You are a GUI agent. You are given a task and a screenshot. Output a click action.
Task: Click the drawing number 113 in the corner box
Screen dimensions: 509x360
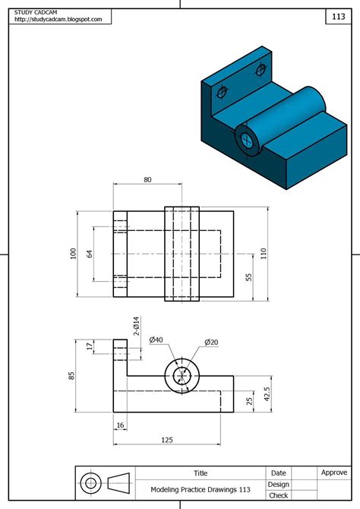(337, 16)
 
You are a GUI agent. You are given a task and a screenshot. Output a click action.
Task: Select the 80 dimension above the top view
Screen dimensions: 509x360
(147, 180)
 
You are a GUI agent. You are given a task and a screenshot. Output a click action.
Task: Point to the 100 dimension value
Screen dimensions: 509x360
(74, 254)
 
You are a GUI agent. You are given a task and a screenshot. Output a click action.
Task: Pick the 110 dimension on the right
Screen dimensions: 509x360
(264, 254)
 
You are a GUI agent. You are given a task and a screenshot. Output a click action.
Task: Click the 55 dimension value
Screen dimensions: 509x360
(249, 277)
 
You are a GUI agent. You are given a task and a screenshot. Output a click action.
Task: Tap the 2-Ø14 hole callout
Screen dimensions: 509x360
(137, 327)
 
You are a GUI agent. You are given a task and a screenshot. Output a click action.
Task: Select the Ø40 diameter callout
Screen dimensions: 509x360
(156, 340)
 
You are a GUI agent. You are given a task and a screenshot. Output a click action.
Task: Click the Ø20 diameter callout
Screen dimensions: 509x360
(211, 343)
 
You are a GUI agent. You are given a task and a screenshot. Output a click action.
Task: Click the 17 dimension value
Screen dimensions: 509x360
(89, 346)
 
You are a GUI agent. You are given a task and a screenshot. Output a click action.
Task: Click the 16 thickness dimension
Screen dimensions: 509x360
(120, 425)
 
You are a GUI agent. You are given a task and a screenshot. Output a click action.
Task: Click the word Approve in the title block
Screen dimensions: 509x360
(334, 472)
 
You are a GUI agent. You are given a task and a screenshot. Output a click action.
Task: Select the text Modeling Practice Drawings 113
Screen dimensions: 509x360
(201, 489)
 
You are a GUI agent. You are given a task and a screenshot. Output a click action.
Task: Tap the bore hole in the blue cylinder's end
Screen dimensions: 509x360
(247, 138)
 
